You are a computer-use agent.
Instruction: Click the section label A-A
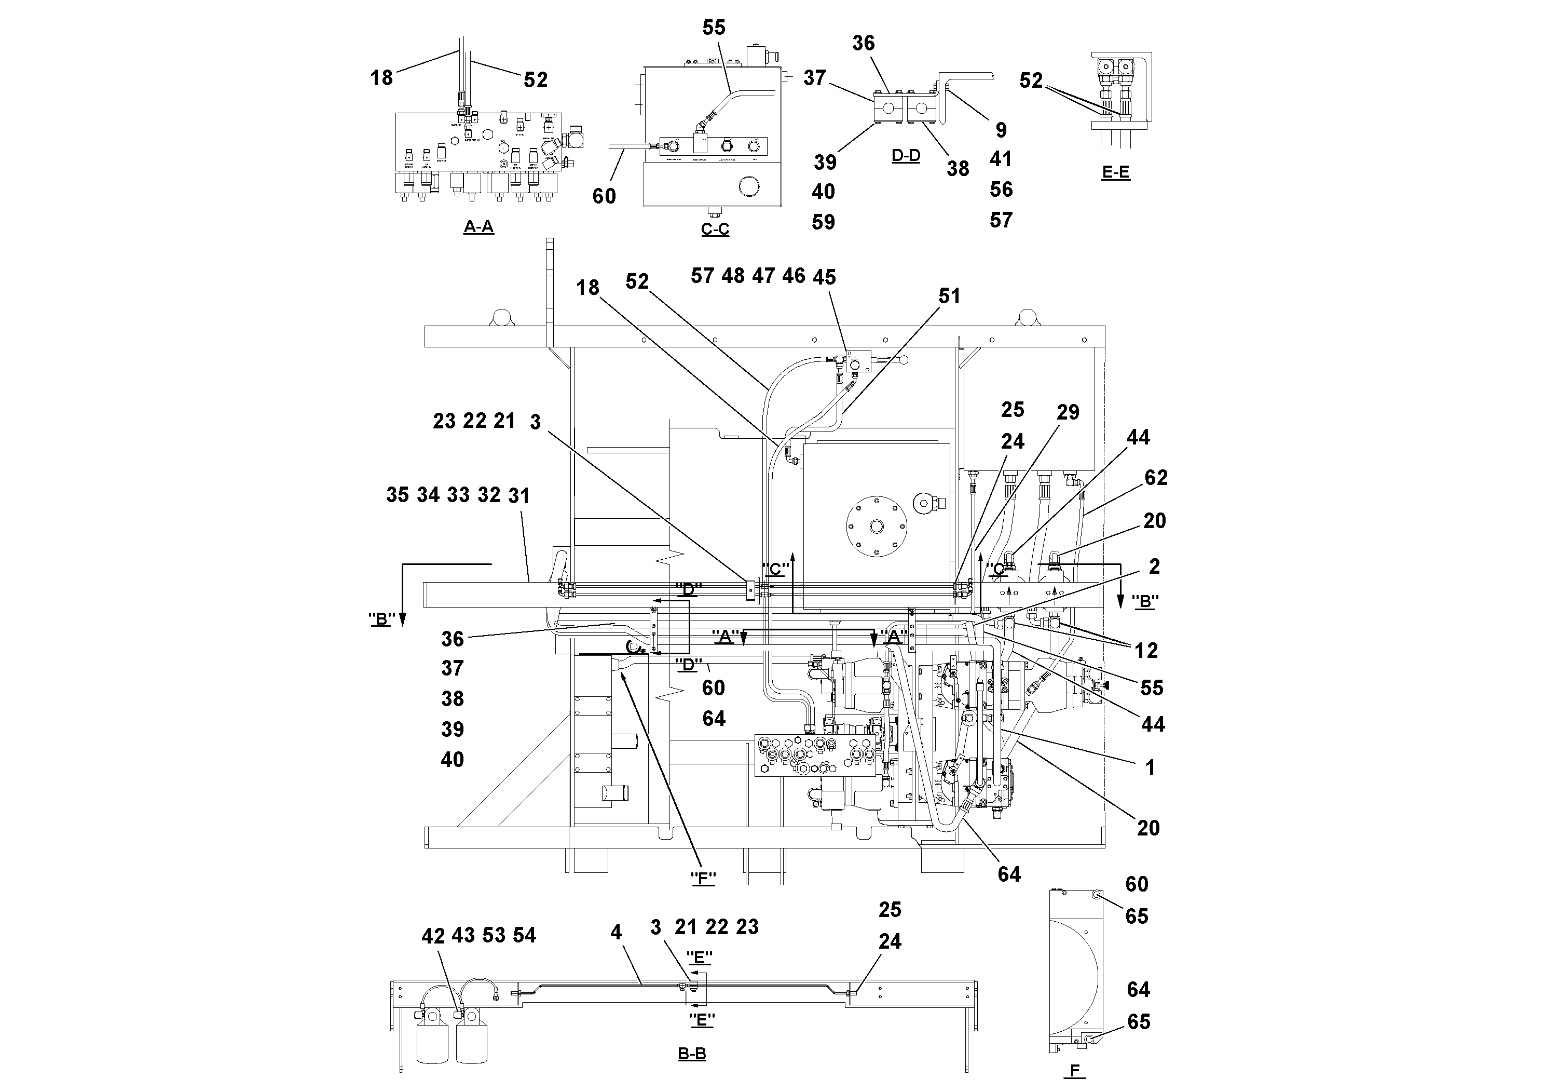[478, 227]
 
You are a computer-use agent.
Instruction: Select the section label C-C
[715, 230]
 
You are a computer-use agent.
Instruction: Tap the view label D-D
[906, 156]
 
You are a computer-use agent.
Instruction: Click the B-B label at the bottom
[692, 1054]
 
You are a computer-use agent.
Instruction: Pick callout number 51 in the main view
[949, 296]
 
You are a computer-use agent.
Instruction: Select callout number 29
[1067, 412]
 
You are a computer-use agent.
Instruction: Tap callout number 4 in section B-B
[616, 933]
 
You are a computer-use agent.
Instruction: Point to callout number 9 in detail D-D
[1001, 129]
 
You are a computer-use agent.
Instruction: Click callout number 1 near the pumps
[1150, 767]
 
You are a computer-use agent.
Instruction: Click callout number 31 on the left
[519, 496]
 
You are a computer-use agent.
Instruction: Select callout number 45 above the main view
[824, 277]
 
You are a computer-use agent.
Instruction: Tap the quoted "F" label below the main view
[703, 878]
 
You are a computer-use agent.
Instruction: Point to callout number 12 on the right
[1146, 650]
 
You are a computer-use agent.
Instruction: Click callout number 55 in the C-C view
[714, 28]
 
